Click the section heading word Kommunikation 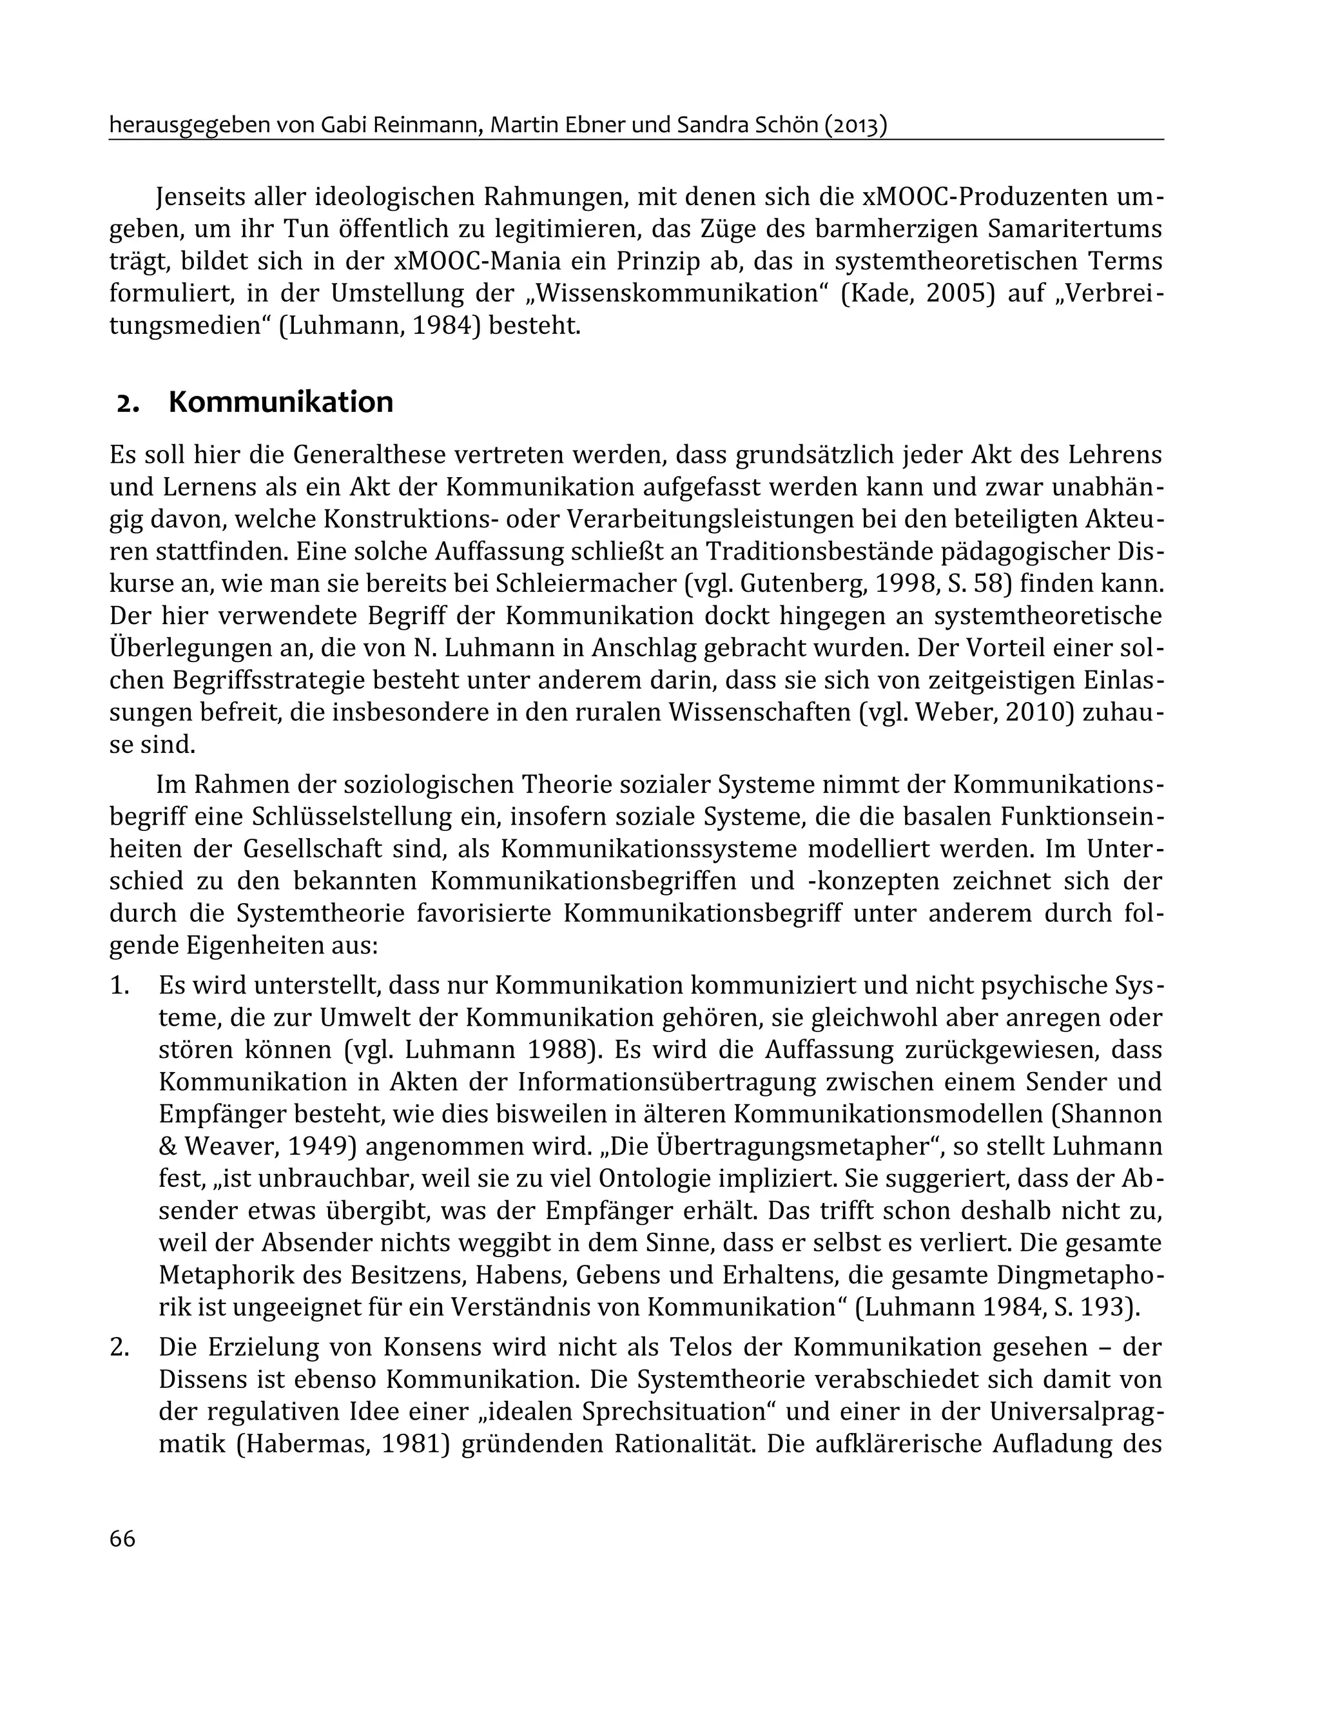[280, 402]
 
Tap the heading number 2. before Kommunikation [128, 404]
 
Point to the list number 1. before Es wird [119, 985]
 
